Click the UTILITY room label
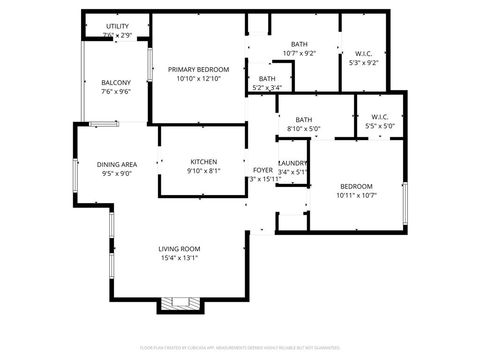click(x=117, y=26)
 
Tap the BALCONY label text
click(x=116, y=83)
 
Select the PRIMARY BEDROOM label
click(x=198, y=70)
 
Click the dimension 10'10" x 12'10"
click(x=198, y=79)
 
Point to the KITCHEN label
click(x=203, y=162)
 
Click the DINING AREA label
click(x=117, y=165)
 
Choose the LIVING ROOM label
click(x=179, y=249)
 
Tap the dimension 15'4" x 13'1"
click(x=179, y=258)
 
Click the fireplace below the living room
click(x=180, y=304)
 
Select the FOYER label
click(x=263, y=170)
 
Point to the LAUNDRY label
click(x=292, y=163)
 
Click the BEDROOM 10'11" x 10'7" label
click(x=356, y=187)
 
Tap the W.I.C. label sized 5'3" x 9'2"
click(x=364, y=53)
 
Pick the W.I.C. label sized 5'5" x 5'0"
click(x=380, y=117)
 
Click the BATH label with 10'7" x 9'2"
click(x=299, y=45)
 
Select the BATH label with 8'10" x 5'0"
click(x=303, y=120)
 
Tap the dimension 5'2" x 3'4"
click(x=267, y=87)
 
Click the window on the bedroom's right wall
click(x=405, y=203)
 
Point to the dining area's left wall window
click(x=75, y=175)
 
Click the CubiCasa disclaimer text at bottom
click(x=240, y=348)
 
